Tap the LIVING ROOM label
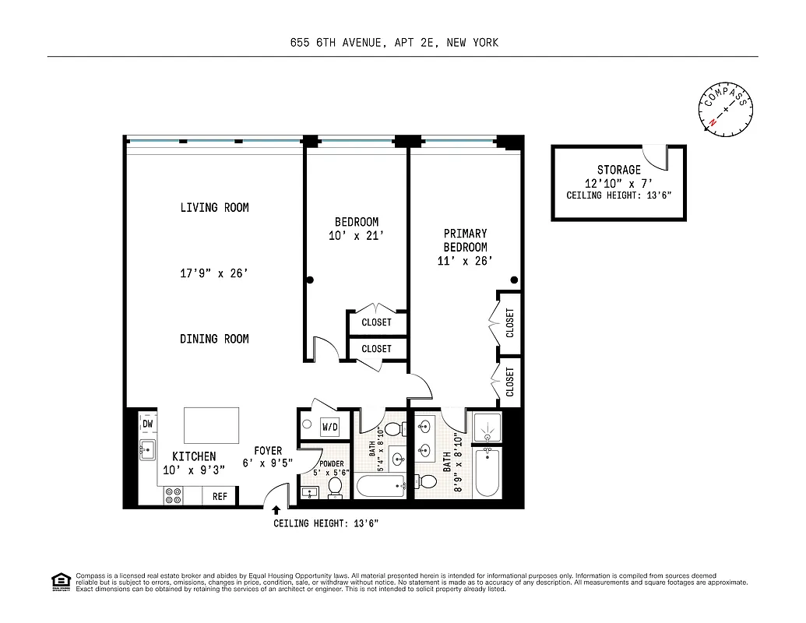click(x=214, y=208)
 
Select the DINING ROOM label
click(x=214, y=339)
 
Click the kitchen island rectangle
click(x=210, y=425)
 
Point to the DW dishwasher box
click(x=148, y=424)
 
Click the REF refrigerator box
click(x=220, y=496)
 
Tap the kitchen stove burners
click(x=173, y=496)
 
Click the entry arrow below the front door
click(x=276, y=510)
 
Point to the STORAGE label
click(x=619, y=170)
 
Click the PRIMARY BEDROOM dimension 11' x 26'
click(x=465, y=262)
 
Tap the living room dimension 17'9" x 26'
click(x=214, y=273)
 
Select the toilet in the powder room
click(x=336, y=487)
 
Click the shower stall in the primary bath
click(x=488, y=426)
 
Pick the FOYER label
click(x=268, y=451)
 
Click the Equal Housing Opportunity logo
click(x=59, y=582)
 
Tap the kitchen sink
click(x=147, y=449)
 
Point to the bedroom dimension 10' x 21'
click(x=356, y=236)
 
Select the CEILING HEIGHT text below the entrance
click(x=326, y=524)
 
